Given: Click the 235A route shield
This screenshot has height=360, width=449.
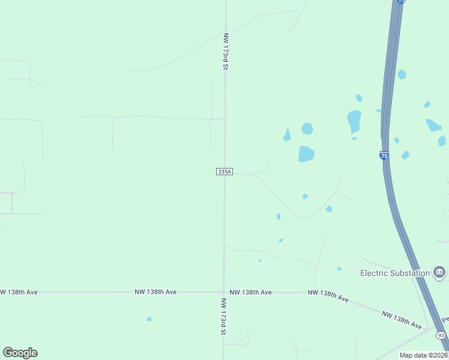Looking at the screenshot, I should pos(224,172).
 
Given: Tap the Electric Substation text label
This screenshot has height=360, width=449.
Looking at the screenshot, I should pos(394,273).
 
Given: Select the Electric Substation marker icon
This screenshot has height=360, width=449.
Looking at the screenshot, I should pos(439,273).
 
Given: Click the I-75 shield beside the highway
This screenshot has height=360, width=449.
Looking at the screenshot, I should pos(384,155).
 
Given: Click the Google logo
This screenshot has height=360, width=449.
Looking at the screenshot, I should pos(20,353).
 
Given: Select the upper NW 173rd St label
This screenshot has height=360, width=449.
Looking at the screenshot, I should pos(226,51).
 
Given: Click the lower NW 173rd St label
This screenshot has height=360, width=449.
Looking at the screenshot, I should pos(223,316).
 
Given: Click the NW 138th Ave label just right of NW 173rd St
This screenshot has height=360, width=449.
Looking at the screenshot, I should pos(250,292).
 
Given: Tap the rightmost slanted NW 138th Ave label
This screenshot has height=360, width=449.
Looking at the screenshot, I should pos(402,319).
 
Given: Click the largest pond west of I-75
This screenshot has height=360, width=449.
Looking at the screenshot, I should pos(306,154).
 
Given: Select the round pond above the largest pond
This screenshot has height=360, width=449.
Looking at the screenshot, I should pos(307,128).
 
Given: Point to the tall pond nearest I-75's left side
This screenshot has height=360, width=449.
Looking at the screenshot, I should pos(354,121).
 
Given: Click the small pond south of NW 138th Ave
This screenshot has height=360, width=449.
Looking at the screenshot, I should pos(149,319).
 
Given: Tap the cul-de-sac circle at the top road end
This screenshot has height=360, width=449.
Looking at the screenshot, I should pos(292,29).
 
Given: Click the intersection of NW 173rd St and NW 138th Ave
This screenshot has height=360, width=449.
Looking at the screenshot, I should pos(224,292).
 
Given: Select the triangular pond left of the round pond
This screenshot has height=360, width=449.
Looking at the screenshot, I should pos(287,136).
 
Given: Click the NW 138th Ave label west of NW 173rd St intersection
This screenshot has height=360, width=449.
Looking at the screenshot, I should pos(155,292).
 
